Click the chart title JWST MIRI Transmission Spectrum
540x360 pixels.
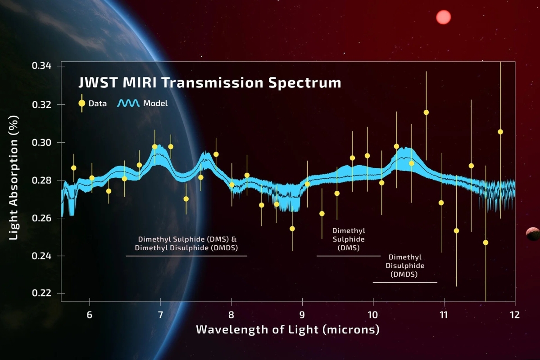tap(209, 83)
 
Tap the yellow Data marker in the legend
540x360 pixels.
tap(82, 103)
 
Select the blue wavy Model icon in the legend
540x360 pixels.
tap(129, 103)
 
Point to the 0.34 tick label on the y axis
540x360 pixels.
tap(42, 67)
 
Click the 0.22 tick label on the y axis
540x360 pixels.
tap(42, 293)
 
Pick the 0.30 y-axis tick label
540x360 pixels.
tap(42, 142)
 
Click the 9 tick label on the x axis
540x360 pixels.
tap(302, 314)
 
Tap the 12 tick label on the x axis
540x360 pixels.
tap(515, 314)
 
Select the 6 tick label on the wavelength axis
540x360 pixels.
tap(90, 314)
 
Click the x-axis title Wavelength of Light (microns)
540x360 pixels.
tap(287, 330)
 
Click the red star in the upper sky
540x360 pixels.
tap(443, 17)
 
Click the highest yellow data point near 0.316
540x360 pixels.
tap(426, 112)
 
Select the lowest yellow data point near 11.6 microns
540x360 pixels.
tap(486, 243)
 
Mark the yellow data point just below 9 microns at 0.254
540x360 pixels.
tap(292, 229)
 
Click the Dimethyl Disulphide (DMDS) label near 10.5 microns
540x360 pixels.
tap(405, 265)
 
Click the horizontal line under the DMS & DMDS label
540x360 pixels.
tap(186, 256)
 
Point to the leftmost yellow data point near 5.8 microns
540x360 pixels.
tap(74, 168)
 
